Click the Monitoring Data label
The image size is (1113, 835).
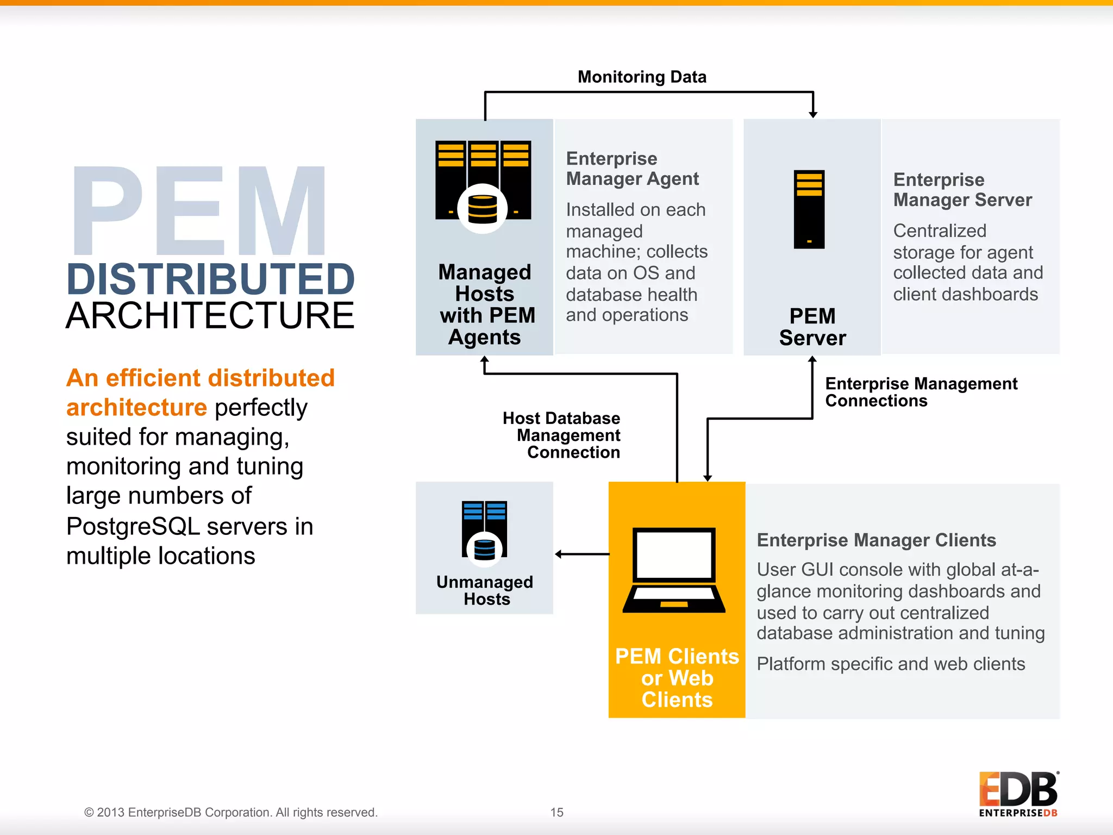pyautogui.click(x=642, y=77)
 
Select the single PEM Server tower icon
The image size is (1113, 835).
pyautogui.click(x=809, y=209)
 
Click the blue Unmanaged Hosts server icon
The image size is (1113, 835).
pyautogui.click(x=484, y=530)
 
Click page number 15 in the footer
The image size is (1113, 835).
pyautogui.click(x=556, y=812)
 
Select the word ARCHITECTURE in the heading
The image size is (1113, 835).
pyautogui.click(x=210, y=316)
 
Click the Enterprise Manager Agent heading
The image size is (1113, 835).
pyautogui.click(x=632, y=169)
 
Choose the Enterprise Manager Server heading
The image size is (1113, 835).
pyautogui.click(x=962, y=190)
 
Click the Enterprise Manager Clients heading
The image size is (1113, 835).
pyautogui.click(x=876, y=540)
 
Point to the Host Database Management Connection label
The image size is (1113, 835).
pyautogui.click(x=562, y=435)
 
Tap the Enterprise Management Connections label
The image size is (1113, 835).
pyautogui.click(x=921, y=392)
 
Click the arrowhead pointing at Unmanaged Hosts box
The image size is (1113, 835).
pyautogui.click(x=559, y=554)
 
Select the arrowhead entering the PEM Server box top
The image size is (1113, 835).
pyautogui.click(x=813, y=114)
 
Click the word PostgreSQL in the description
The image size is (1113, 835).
pyautogui.click(x=132, y=526)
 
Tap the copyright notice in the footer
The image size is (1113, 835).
pyautogui.click(x=230, y=812)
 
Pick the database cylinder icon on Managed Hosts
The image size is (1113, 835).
pyautogui.click(x=482, y=209)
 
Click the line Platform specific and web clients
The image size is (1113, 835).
pyautogui.click(x=891, y=664)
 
